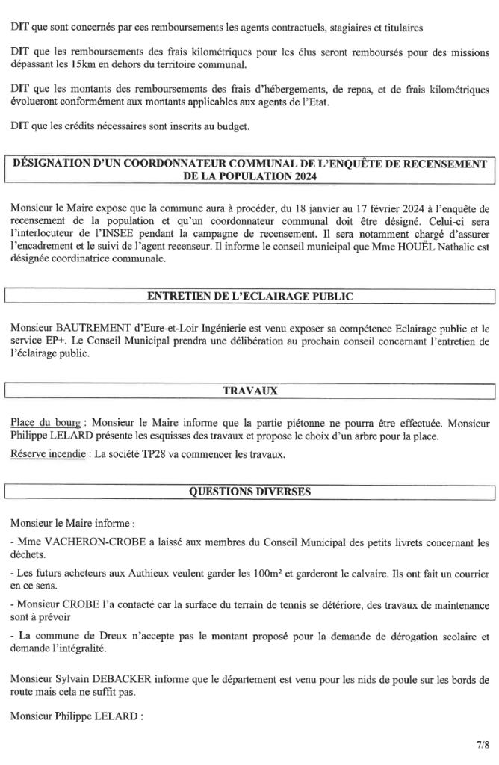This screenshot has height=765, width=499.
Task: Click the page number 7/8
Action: (483, 744)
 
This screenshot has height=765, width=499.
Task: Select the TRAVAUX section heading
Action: (249, 391)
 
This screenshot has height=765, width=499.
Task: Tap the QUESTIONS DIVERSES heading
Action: (249, 492)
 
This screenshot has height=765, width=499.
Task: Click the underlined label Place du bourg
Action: (46, 421)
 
